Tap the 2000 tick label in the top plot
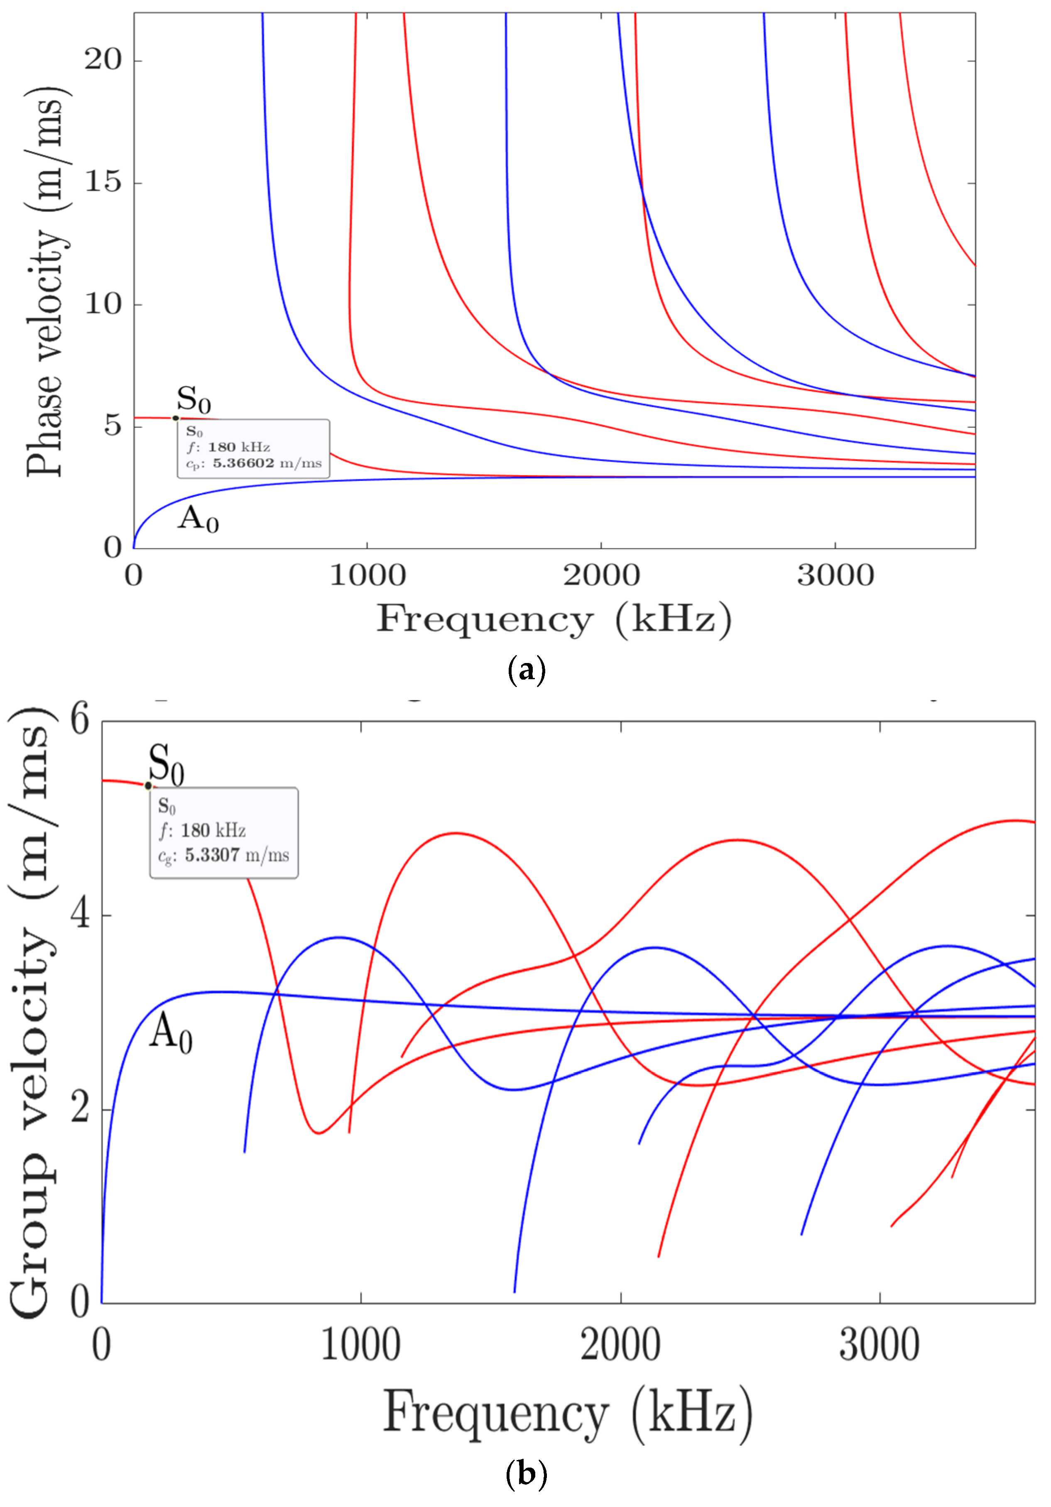click(x=601, y=576)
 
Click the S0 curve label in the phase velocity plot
click(x=194, y=399)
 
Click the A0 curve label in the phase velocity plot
click(x=198, y=519)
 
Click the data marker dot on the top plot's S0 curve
click(x=176, y=418)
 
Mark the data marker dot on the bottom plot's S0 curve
click(x=148, y=785)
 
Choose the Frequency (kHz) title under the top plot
click(x=554, y=619)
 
